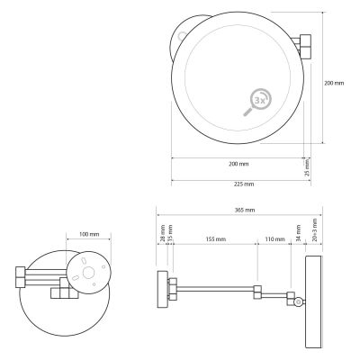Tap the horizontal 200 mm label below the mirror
[x=239, y=165]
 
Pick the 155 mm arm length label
[x=214, y=240]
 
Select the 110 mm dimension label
[x=275, y=240]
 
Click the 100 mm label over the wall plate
[x=88, y=234]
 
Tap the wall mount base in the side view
[x=163, y=290]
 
